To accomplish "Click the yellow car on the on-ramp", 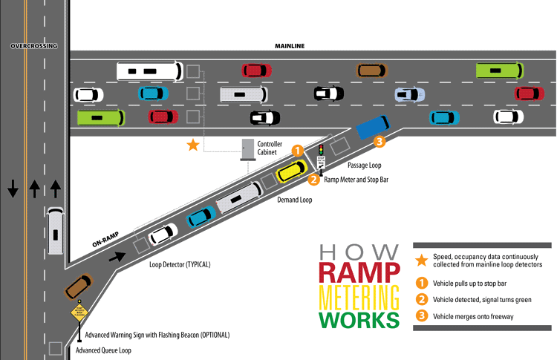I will (291, 172).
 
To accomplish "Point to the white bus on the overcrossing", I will (55, 231).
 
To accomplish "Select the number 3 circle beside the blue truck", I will (380, 142).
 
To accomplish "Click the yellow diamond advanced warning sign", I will (79, 311).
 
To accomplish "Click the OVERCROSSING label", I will (33, 46).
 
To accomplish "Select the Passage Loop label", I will (364, 166).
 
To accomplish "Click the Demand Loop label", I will (294, 200).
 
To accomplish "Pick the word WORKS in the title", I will (358, 321).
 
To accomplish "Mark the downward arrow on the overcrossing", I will (13, 189).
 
